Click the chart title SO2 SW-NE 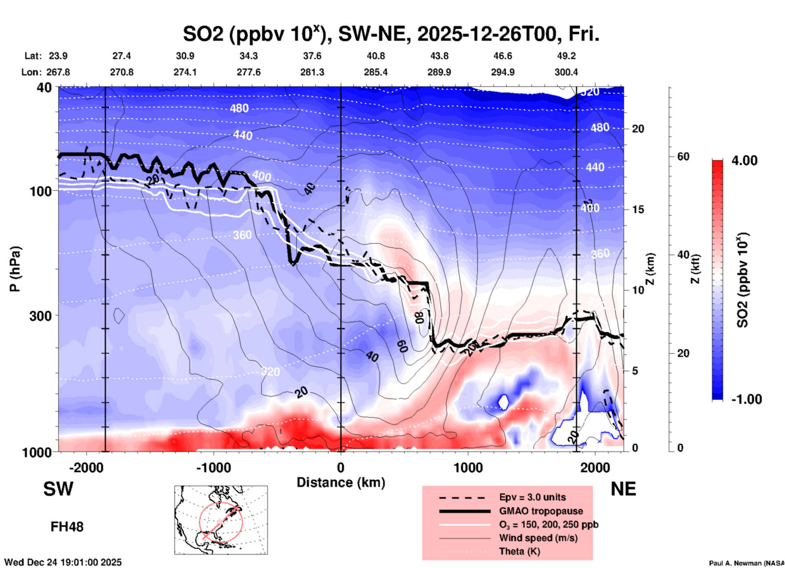[391, 34]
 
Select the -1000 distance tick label [214, 468]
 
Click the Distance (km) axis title [341, 482]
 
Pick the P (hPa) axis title [15, 269]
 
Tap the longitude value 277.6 [249, 73]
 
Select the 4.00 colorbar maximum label [744, 161]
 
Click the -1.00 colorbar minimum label [746, 399]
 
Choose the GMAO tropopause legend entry [541, 511]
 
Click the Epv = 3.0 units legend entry [532, 498]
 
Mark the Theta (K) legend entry [519, 552]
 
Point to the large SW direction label [58, 489]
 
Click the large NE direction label [623, 489]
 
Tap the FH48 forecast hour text [67, 527]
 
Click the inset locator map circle [221, 522]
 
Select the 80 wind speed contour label [419, 318]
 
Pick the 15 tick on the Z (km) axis [637, 209]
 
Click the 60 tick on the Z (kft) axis [683, 156]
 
